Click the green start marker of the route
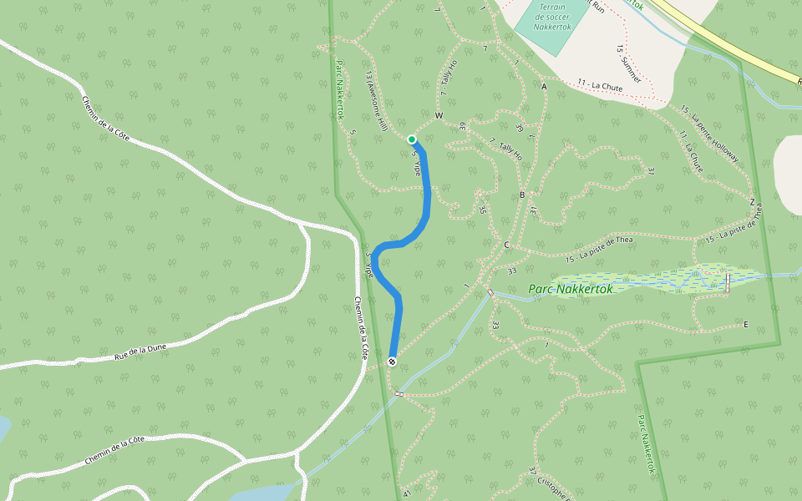click(412, 139)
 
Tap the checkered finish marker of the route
click(392, 361)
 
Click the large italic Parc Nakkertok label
click(571, 290)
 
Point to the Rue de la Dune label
click(142, 351)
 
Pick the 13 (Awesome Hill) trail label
click(374, 101)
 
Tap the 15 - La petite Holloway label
click(710, 134)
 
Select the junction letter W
click(438, 115)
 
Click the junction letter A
click(544, 87)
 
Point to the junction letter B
click(522, 195)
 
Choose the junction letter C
click(506, 245)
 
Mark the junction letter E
click(746, 324)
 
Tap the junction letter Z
click(752, 202)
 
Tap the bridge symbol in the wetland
click(728, 283)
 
